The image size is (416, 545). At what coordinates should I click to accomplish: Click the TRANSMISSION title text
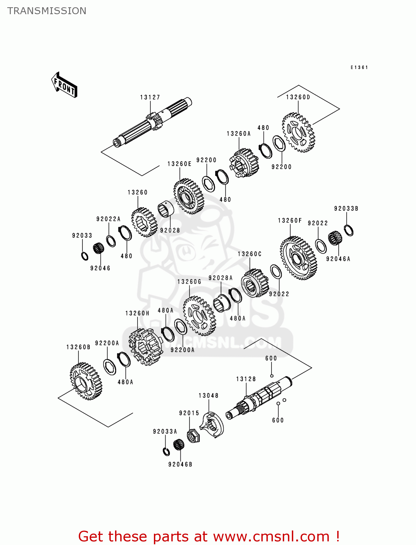tap(47, 11)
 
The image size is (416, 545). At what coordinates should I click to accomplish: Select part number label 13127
tap(150, 97)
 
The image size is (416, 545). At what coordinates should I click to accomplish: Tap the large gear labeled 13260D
tap(298, 132)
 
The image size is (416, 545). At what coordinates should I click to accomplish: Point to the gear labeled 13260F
tap(298, 258)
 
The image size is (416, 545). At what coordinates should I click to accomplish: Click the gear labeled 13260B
tap(86, 381)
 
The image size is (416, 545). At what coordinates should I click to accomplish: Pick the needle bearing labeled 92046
tap(98, 249)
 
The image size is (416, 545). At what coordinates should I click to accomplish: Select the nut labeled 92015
tap(192, 435)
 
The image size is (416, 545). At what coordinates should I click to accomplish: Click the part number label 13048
tap(208, 396)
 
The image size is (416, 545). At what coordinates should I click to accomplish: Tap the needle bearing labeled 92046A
tap(335, 239)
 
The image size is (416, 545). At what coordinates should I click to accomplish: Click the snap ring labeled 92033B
tap(348, 230)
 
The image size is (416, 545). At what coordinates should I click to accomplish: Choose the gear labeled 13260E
tap(189, 196)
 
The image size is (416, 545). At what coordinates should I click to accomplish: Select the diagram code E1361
tap(359, 68)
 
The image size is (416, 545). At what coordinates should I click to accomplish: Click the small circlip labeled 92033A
tap(166, 452)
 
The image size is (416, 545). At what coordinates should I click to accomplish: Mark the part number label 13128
tap(246, 379)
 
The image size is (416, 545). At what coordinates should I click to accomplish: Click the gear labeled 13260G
tap(199, 315)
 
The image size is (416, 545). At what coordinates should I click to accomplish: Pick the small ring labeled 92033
tap(85, 256)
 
